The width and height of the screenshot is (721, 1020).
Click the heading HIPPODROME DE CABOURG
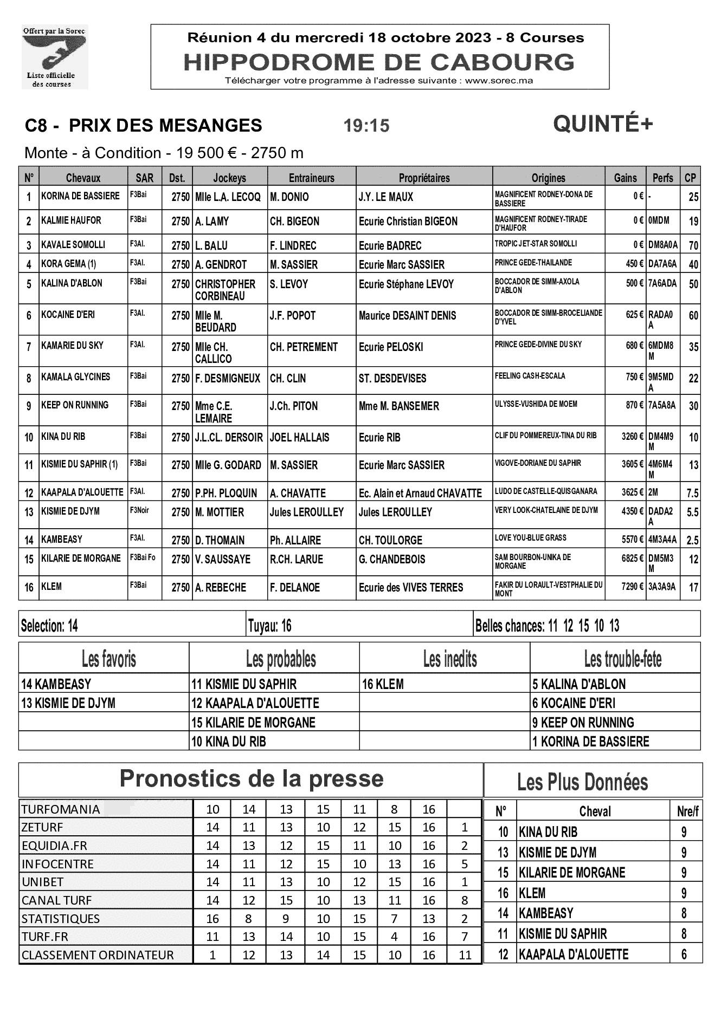tap(379, 62)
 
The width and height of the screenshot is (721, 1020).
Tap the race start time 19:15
tap(366, 126)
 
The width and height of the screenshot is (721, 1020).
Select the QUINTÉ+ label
tap(603, 125)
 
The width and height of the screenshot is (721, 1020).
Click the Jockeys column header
tap(229, 178)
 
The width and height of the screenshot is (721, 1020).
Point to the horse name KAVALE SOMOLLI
tap(73, 245)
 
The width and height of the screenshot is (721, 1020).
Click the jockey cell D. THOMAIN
tap(220, 540)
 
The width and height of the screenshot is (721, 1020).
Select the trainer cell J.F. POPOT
tap(293, 316)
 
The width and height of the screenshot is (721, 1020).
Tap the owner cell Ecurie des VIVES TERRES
tap(411, 587)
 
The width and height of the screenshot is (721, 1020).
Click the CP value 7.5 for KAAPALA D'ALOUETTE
tap(692, 493)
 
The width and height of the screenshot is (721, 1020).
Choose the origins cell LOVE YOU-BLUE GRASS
tap(530, 538)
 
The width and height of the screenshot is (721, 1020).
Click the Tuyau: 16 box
tap(270, 626)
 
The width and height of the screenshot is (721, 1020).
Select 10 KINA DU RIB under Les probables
tap(228, 741)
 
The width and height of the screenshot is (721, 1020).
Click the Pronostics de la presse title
tap(252, 779)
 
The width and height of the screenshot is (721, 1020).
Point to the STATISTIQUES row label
tap(61, 919)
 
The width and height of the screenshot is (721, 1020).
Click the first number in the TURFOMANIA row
tap(213, 809)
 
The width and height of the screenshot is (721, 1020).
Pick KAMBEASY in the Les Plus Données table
tap(546, 913)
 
